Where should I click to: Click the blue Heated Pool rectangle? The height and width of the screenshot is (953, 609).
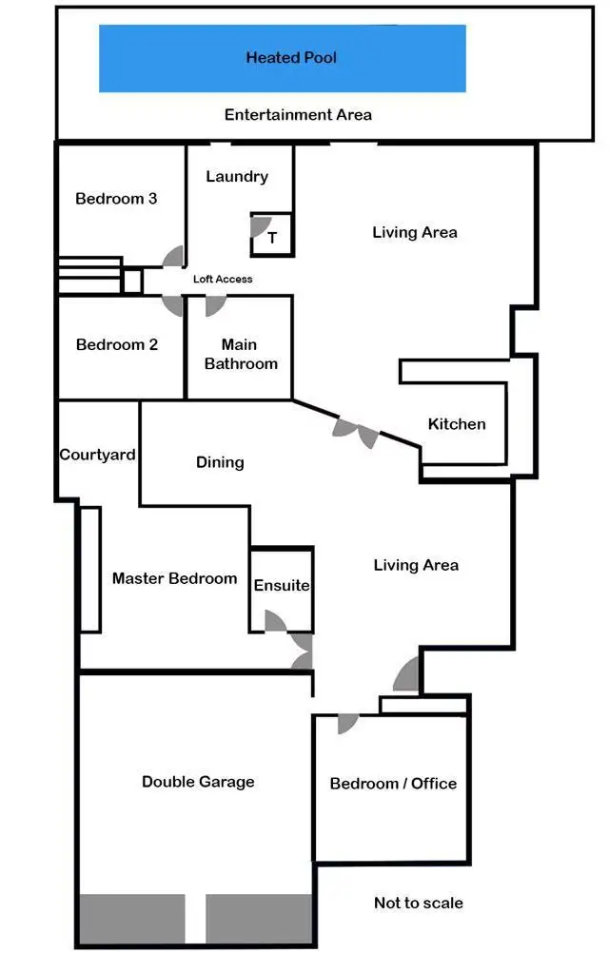282,58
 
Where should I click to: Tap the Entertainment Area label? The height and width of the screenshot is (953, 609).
298,115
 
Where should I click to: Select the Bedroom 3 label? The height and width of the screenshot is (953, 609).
116,199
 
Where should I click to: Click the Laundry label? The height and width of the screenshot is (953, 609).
237,176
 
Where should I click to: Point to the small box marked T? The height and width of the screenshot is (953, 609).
272,238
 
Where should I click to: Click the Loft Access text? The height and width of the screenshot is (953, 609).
223,279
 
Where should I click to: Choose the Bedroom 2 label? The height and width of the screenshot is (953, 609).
116,344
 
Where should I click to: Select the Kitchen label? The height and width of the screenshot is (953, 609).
457,424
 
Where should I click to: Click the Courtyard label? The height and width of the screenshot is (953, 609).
97,455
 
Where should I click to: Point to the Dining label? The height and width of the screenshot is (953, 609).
220,462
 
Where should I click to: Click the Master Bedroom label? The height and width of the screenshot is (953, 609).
174,578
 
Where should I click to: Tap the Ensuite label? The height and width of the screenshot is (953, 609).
282,585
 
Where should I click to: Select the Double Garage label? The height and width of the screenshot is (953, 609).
198,782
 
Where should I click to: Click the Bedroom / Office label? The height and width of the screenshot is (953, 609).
393,784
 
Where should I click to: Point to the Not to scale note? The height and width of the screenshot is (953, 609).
419,903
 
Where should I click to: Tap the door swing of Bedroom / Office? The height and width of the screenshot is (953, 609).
347,724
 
